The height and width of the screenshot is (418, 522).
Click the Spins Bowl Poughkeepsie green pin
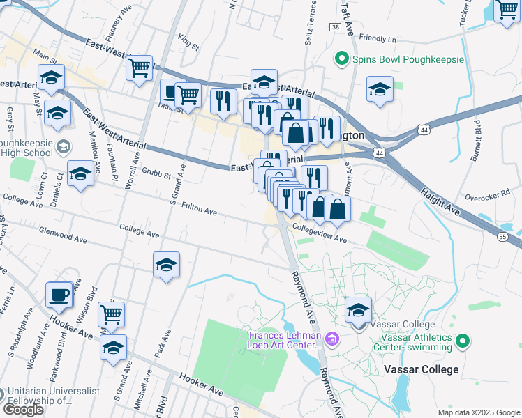pos(342,59)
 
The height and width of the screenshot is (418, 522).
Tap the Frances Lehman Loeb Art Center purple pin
pos(332,339)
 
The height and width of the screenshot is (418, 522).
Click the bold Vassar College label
pos(421,369)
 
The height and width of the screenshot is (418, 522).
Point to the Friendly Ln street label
pos(378,40)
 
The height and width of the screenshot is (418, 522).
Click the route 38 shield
pos(336,27)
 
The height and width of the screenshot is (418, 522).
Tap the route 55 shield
pos(502,238)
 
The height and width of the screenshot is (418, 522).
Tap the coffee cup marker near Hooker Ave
pos(59,295)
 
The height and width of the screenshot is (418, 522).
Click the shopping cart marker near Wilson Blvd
pos(111,315)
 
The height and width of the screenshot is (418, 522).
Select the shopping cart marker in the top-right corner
pos(507,11)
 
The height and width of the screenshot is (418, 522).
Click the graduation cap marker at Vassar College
pos(359,311)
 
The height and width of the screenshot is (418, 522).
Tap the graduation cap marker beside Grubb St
pos(81,174)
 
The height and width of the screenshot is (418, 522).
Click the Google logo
pos(24,409)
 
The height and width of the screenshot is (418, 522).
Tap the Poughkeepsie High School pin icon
pos(64,146)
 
